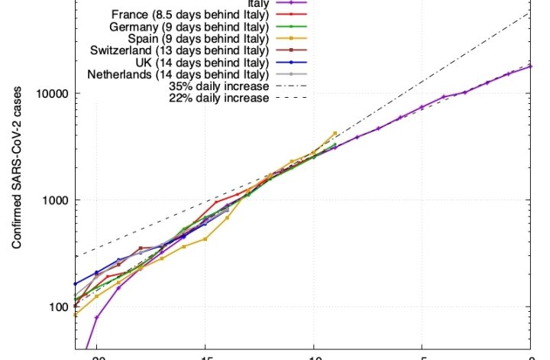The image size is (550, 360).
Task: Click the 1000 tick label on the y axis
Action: tap(53, 200)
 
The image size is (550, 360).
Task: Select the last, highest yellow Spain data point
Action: tap(335, 133)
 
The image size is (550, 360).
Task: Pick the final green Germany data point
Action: tap(335, 144)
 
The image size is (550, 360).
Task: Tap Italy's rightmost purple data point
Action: tap(530, 66)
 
